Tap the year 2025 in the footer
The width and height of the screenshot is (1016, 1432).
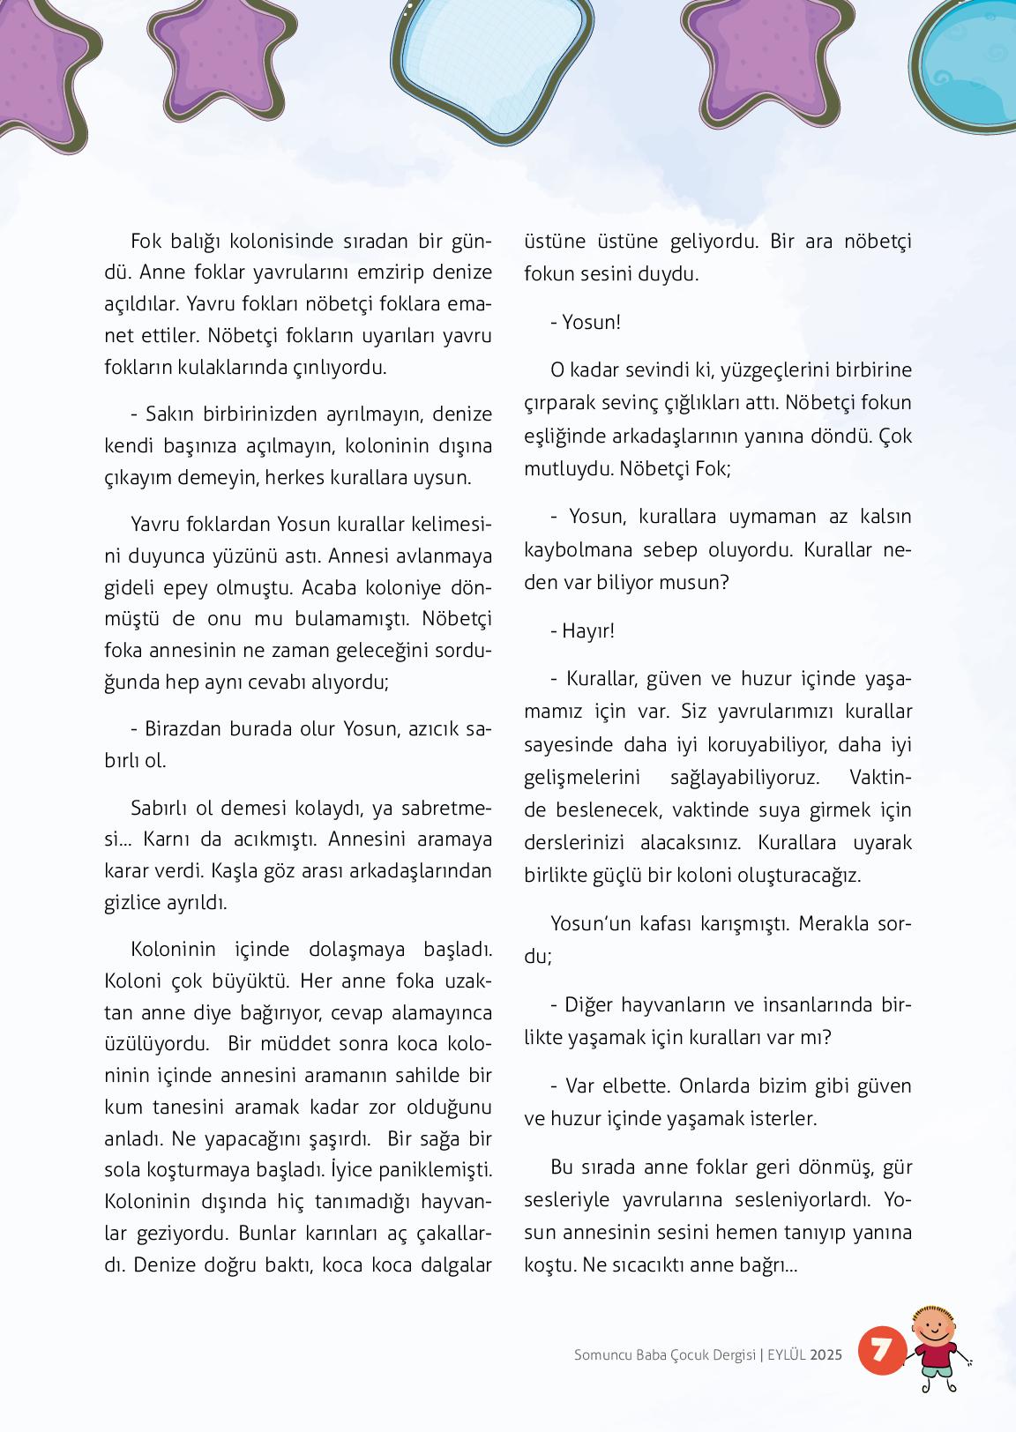point(826,1354)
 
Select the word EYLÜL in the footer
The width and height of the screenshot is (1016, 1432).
point(787,1354)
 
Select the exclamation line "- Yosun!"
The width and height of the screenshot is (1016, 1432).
point(586,322)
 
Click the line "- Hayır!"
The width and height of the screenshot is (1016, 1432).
point(582,630)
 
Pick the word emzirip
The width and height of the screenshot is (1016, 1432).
point(396,272)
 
